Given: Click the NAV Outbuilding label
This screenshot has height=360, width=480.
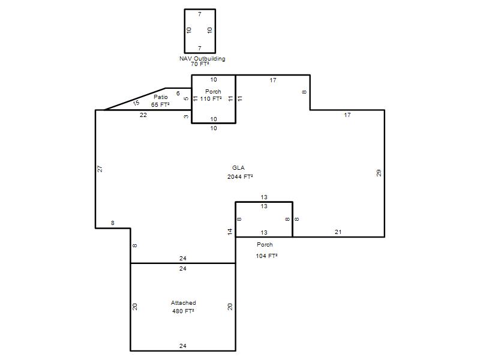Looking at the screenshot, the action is point(202,58).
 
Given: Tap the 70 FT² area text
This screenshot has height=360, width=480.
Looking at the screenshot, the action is point(200,64).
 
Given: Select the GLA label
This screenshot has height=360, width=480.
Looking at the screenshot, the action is point(238,168).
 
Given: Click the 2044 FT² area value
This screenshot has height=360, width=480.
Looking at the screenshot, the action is point(240,176).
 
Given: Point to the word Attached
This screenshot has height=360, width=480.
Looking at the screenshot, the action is point(184,303).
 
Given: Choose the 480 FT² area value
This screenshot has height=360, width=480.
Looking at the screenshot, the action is point(183,311).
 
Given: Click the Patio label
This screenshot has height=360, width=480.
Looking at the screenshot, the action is point(161,97).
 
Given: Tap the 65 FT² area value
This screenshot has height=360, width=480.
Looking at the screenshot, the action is point(160,104).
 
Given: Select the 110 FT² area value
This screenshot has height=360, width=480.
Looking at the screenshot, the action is point(211,99).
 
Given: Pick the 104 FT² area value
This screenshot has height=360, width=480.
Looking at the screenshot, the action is point(266,256).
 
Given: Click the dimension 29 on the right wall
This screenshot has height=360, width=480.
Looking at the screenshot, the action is point(379,173).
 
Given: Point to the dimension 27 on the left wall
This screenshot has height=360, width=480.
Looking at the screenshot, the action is point(100,169).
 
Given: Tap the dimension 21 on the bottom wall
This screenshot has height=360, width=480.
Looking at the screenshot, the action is point(338,232).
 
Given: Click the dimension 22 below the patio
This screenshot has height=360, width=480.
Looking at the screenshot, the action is point(143,115).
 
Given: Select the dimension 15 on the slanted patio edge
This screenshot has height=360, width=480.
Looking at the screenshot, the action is point(136,103).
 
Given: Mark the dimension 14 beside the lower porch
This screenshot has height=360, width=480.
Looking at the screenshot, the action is point(230,232).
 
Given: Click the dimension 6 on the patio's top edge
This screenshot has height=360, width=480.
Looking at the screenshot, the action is point(178,94).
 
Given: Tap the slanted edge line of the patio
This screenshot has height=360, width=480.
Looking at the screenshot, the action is point(135,99).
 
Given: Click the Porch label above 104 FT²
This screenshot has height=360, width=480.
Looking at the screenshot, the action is point(265,245).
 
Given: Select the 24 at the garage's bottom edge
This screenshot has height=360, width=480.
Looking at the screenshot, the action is point(183,346).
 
